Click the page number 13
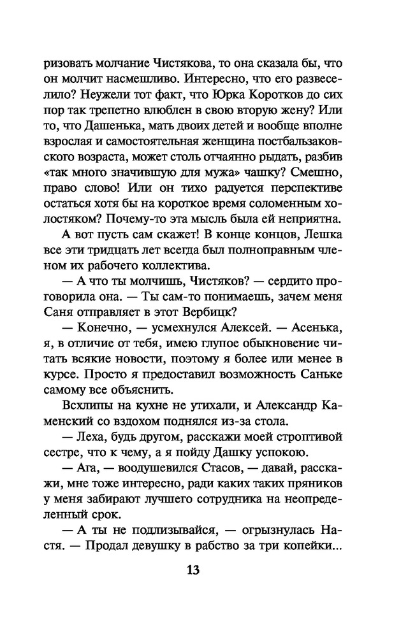click(193, 569)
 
